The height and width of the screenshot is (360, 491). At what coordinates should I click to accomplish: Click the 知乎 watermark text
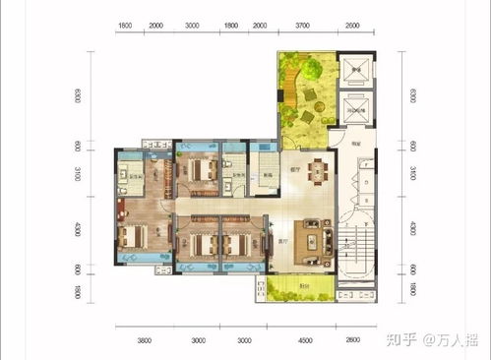click(400, 340)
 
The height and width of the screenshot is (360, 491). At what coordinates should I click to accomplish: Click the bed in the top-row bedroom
click(202, 169)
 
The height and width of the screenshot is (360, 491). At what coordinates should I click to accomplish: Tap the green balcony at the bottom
click(291, 288)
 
